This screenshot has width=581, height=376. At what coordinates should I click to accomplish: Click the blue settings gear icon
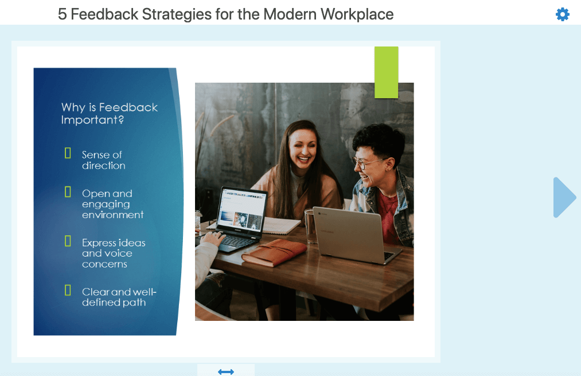click(563, 14)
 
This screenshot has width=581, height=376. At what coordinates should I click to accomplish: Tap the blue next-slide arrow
click(564, 197)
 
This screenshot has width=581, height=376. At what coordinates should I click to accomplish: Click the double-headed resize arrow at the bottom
click(226, 371)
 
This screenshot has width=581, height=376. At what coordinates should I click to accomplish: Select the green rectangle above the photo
click(387, 72)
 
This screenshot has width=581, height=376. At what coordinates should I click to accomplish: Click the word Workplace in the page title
click(357, 14)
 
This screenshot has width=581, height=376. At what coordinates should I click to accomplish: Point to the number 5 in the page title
click(63, 14)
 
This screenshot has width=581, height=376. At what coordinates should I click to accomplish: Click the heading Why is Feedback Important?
click(110, 114)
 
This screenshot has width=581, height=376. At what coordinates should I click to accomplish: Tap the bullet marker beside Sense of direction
click(68, 153)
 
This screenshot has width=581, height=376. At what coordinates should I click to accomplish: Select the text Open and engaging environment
click(112, 204)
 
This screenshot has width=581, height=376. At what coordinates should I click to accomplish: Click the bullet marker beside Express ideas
click(68, 241)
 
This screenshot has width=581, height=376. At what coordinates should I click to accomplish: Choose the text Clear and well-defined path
click(119, 297)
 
